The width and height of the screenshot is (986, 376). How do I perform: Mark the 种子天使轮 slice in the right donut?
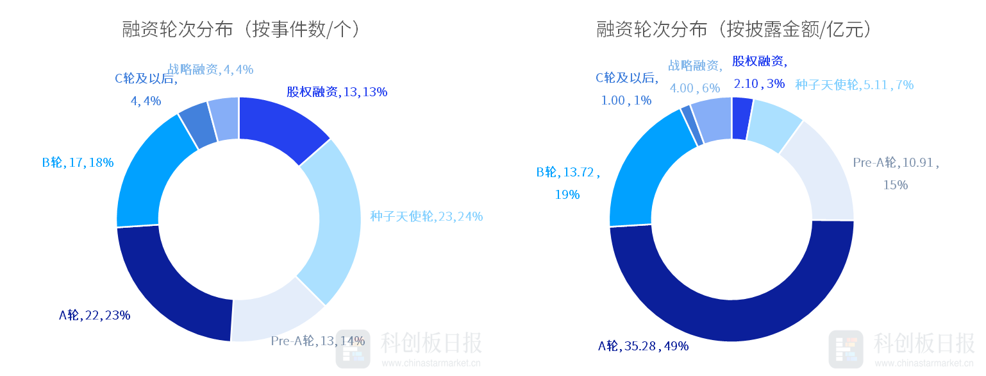[x=773, y=124]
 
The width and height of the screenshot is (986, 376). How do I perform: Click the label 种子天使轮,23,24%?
[x=426, y=217]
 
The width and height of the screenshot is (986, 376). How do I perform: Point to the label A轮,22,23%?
[x=95, y=315]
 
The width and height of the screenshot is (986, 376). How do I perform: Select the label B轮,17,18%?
[x=78, y=162]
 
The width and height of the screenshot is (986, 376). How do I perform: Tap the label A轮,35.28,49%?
[x=643, y=346]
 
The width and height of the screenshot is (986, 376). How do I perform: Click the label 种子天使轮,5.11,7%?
[x=854, y=85]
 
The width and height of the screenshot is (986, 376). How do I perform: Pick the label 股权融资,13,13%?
[x=337, y=92]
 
